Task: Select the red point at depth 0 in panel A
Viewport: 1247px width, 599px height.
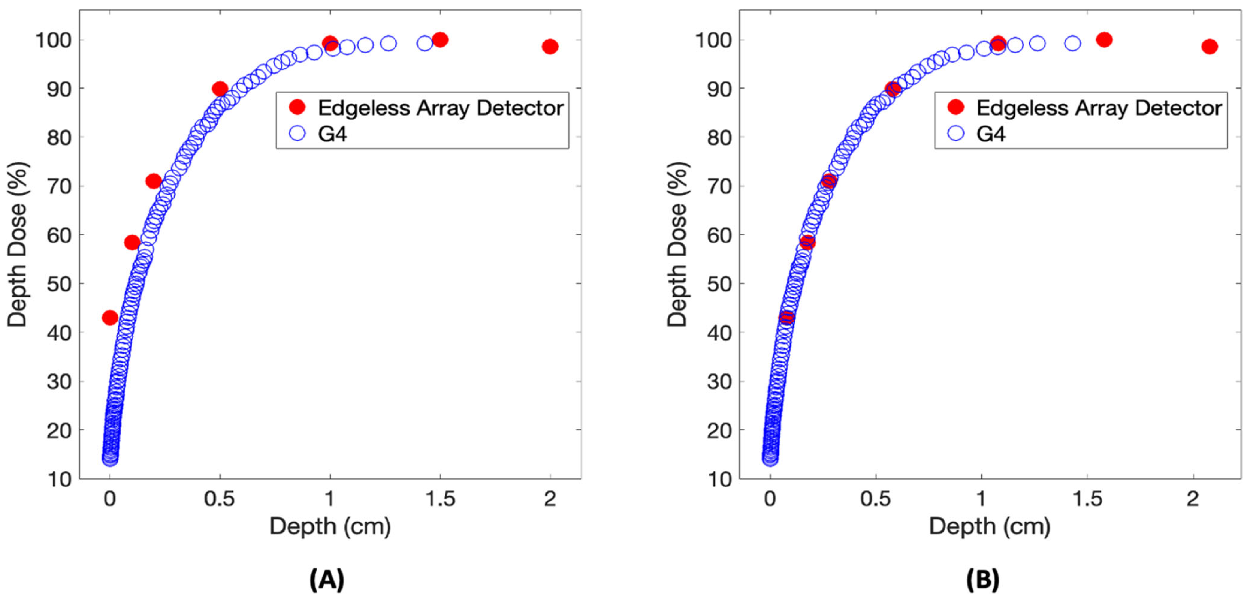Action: tap(110, 318)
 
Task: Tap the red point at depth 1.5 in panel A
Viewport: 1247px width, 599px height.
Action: tap(440, 40)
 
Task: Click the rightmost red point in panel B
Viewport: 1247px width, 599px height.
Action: tap(1209, 47)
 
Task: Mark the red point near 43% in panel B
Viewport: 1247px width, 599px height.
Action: tap(787, 318)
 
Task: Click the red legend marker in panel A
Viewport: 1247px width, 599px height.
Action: tap(297, 107)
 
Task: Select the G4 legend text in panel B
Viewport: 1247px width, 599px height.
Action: tap(991, 133)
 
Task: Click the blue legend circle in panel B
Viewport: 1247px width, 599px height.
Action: tap(956, 133)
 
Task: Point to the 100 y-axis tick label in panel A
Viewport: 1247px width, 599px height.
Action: tap(53, 40)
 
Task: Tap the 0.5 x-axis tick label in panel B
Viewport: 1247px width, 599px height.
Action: tap(875, 499)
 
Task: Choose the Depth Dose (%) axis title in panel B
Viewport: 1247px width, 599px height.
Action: tap(677, 245)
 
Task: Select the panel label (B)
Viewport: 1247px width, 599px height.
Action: tap(983, 579)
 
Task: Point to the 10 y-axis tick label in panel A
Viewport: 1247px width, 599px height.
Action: tap(60, 480)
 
